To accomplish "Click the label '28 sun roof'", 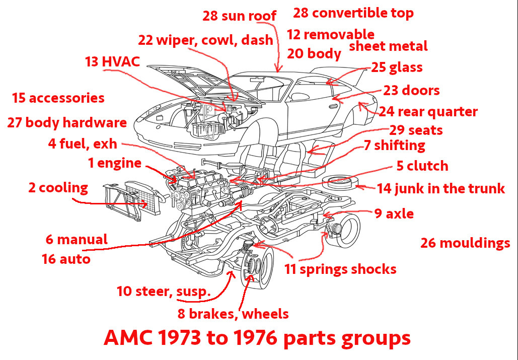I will [x=240, y=16].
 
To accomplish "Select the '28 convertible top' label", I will [x=353, y=13].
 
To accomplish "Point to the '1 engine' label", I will [x=114, y=163].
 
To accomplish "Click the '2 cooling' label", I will [x=58, y=188].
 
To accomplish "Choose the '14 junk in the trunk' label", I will [x=440, y=189].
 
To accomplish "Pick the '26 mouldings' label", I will [x=465, y=244].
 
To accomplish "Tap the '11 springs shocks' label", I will [x=340, y=269].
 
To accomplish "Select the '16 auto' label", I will [x=66, y=259].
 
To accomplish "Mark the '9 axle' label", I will [x=394, y=214].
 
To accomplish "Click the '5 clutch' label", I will [x=422, y=166].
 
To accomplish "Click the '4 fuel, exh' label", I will [x=83, y=144].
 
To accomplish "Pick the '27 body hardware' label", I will [x=67, y=122].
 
